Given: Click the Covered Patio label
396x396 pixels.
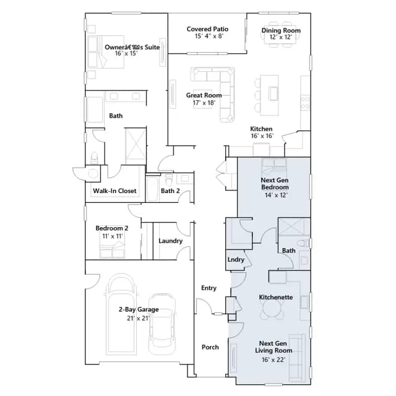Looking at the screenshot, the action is point(208,29).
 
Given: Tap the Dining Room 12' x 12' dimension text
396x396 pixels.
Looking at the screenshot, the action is point(281,37).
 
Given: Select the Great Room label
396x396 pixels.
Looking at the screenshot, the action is point(204,95).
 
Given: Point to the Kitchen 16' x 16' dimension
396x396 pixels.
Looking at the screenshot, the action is point(262,136).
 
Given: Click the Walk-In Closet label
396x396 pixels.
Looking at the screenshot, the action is point(114,191).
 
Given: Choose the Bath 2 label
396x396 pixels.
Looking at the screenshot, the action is point(170,191).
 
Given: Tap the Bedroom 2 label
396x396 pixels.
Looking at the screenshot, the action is point(112,228).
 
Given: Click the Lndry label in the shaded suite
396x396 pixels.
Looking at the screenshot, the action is point(236,260).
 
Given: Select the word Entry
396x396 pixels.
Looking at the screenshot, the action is point(209,288).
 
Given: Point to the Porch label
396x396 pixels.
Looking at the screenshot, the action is point(210,347).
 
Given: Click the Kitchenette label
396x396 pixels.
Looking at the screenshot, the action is point(276,297).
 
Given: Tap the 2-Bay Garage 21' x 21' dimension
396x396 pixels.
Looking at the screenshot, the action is point(138,318).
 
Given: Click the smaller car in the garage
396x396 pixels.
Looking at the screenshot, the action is point(161,324).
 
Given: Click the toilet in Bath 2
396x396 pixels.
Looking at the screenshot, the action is point(169,179).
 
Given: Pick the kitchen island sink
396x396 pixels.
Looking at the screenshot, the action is point(273,93).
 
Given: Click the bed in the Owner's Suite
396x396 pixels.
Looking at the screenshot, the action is point(106,52).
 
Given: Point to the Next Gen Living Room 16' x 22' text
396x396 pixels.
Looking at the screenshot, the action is point(273,359).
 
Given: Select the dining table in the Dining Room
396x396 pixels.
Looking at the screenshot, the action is point(281,34).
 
